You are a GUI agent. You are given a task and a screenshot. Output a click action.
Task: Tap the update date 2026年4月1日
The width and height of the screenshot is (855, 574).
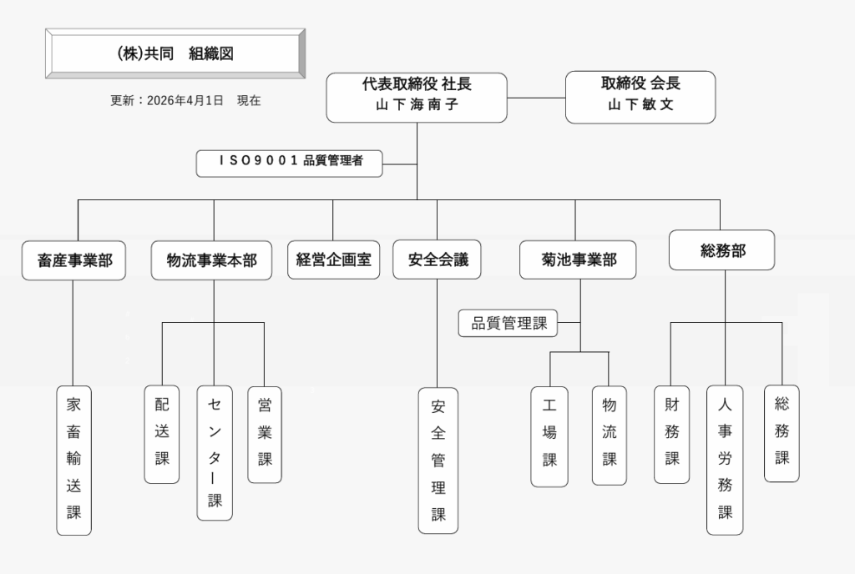[x=185, y=101]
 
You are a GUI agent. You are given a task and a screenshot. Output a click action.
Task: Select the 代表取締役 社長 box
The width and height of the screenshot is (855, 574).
[x=416, y=98]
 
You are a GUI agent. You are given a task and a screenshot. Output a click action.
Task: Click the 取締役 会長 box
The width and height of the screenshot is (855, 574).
[x=640, y=97]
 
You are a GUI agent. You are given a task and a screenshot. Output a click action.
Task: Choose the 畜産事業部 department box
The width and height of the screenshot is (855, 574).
[x=74, y=260]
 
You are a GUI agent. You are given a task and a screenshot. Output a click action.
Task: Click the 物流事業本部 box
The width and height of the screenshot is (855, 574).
[x=212, y=260]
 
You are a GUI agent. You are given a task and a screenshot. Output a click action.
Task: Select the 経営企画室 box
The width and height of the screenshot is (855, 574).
[x=333, y=259]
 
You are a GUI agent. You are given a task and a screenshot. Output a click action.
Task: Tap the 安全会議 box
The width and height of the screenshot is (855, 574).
[x=438, y=259]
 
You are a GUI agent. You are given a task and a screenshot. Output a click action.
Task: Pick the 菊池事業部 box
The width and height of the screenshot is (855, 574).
[x=578, y=259]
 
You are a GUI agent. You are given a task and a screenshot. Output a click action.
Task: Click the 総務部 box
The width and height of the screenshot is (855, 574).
[x=722, y=250]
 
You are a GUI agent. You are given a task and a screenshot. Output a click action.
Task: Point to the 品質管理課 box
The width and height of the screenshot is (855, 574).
[x=508, y=324]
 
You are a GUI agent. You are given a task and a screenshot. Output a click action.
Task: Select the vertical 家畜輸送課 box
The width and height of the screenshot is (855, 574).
[x=74, y=459]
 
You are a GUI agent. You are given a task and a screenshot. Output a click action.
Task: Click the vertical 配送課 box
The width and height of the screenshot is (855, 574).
[x=162, y=434]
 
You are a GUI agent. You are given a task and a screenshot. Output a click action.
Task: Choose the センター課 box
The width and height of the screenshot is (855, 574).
[x=215, y=452]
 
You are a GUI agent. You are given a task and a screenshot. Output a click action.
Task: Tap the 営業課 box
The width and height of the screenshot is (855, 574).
[x=265, y=434]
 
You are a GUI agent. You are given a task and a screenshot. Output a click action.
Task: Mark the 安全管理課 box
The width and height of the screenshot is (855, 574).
[x=438, y=460]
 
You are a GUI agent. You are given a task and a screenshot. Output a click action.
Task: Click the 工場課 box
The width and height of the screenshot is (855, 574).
[x=549, y=436]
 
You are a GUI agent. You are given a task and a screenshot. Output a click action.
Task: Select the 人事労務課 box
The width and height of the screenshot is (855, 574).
[x=725, y=459]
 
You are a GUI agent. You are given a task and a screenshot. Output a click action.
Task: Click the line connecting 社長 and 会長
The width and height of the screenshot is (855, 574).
[x=536, y=98]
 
